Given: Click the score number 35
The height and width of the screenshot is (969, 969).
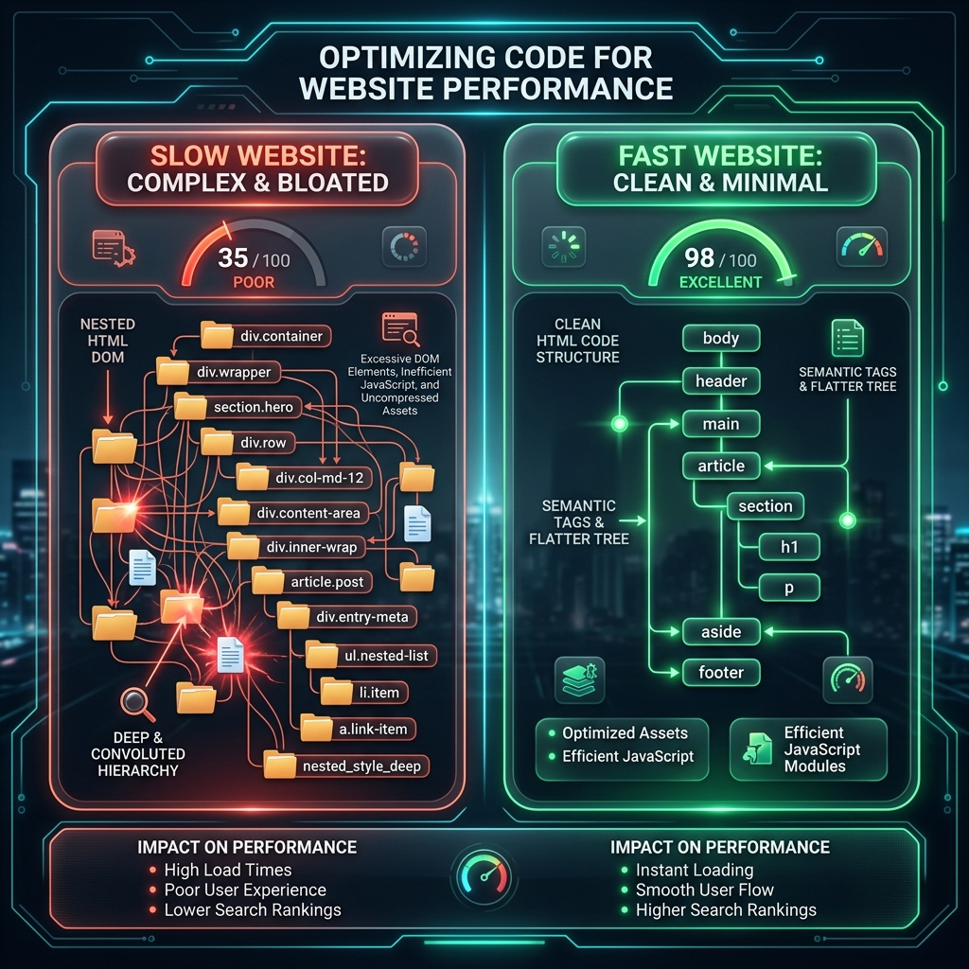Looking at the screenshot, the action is click(233, 257).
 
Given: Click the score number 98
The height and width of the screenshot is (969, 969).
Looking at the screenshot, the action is click(699, 257).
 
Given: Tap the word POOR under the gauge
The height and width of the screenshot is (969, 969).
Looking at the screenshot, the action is click(254, 282).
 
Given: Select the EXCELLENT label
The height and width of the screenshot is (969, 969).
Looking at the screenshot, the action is click(720, 282).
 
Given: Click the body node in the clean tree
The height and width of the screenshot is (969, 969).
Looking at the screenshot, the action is click(721, 338).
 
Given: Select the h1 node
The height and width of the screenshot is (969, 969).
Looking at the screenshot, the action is click(789, 547).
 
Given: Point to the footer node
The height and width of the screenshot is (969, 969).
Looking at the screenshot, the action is click(721, 673).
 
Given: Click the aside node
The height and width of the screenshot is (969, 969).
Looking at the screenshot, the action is click(721, 631).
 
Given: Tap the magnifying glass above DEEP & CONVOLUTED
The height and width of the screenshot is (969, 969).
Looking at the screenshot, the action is click(137, 704).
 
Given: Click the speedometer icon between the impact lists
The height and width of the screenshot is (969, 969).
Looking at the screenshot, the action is click(484, 877).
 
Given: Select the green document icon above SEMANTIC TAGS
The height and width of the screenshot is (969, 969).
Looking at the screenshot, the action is click(847, 338).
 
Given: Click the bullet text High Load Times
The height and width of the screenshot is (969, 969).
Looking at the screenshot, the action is click(227, 871).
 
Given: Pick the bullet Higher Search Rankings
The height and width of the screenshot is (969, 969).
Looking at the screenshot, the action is click(726, 910).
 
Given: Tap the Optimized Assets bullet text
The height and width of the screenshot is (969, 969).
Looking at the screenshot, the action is click(625, 733).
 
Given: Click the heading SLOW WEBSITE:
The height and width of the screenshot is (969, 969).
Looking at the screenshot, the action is click(258, 156).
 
